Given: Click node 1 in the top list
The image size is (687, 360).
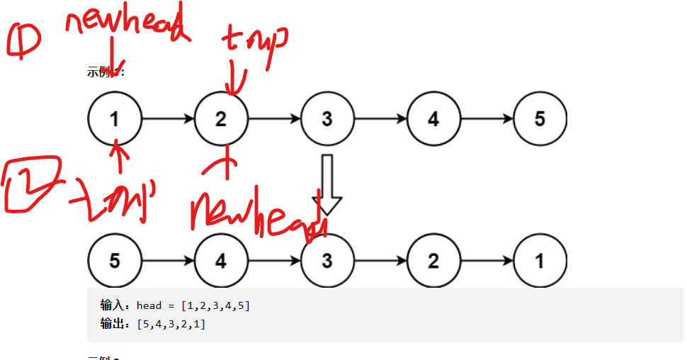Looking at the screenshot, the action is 115,119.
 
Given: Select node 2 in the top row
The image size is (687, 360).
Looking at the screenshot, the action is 221,119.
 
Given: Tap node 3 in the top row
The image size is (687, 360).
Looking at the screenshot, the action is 327,119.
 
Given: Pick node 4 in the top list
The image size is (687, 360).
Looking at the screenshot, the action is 433,119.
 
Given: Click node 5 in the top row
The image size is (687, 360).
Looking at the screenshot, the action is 540,119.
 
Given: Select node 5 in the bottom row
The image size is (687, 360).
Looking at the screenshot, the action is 115,261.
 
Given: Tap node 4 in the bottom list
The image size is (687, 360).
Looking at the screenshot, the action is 221,261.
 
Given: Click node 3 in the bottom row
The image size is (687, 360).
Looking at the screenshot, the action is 327,261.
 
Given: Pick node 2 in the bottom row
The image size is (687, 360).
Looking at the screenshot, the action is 433,261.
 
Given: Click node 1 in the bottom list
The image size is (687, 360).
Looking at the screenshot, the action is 540,261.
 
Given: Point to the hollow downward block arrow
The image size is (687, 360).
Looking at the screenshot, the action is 327,184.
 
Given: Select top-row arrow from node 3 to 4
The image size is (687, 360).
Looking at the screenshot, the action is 380,119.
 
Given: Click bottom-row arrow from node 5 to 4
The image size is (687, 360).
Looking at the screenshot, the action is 168,261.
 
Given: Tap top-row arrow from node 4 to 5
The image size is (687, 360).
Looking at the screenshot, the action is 487,119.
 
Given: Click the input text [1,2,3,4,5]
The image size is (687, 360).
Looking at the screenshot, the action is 215,305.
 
